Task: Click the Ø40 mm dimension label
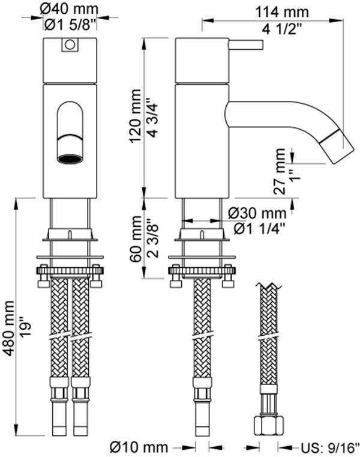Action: point(70,8)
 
